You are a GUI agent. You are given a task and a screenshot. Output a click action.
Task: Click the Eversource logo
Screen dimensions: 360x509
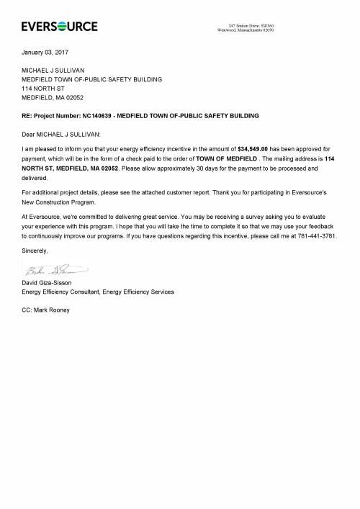(x=60, y=27)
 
